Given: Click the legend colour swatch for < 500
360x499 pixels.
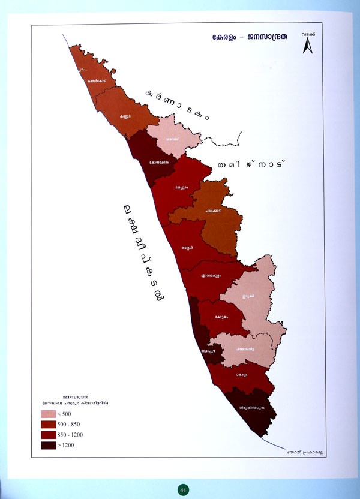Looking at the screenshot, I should (50, 414).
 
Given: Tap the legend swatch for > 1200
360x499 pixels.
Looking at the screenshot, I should (50, 446).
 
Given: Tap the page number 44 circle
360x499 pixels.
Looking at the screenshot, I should (182, 490).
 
